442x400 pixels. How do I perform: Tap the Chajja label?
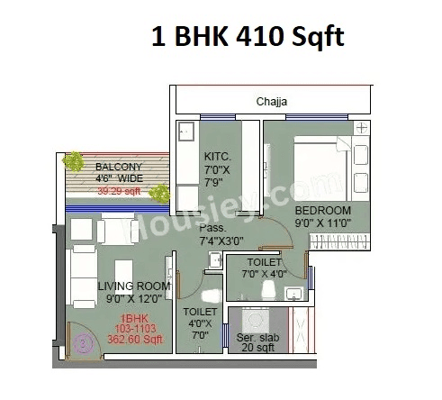coord(271,102)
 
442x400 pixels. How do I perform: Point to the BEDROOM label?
coord(323,211)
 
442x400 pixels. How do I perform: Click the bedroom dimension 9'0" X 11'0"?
coord(323,223)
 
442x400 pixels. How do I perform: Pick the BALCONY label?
coord(119,167)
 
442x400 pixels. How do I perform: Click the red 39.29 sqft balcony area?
coord(119,191)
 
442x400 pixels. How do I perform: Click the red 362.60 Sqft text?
coord(134,340)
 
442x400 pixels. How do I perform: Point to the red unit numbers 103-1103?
coord(133,329)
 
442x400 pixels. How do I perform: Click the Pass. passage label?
coord(214,230)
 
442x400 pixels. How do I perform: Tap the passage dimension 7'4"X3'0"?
coord(223,241)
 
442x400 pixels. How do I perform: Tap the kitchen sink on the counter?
coord(186,132)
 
